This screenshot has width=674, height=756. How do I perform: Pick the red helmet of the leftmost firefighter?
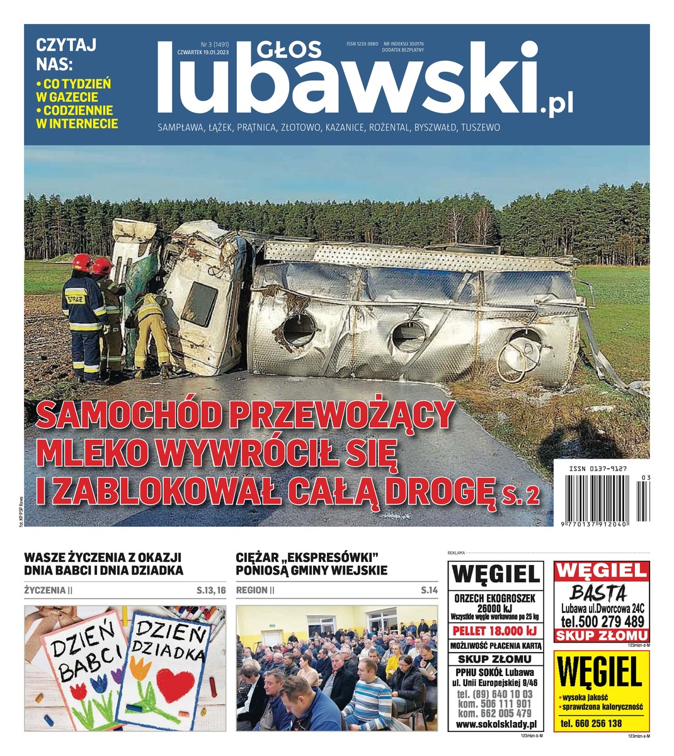pos(81,261)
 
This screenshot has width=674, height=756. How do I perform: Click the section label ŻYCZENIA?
pos(45,590)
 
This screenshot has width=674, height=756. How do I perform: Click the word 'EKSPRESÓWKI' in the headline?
pos(333,558)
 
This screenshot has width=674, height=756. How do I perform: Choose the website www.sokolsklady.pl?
pos(495,724)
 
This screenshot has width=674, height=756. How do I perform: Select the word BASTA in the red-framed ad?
pos(598,593)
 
